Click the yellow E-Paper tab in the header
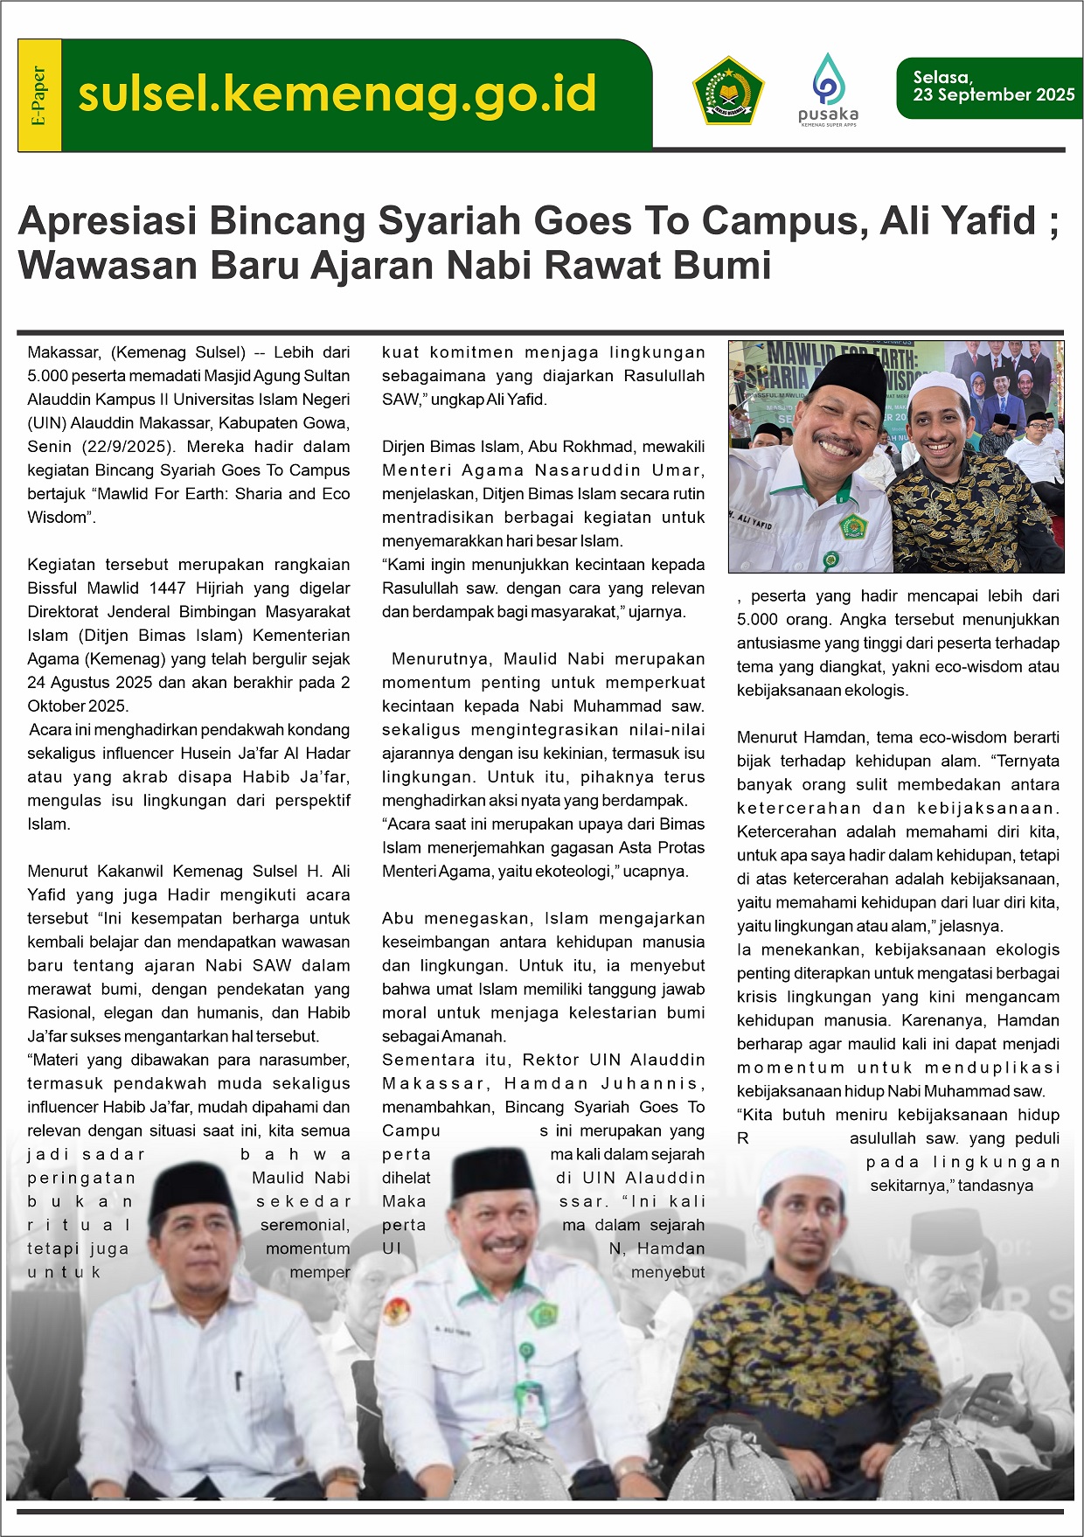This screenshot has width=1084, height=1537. pos(39,95)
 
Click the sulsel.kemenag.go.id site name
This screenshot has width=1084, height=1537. pos(337,94)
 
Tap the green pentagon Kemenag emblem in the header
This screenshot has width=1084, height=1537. pos(728,91)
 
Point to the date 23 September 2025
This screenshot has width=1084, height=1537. pos(993,95)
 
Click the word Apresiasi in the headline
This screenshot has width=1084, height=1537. pos(106,220)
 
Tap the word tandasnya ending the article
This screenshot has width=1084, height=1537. pos(996,1186)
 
